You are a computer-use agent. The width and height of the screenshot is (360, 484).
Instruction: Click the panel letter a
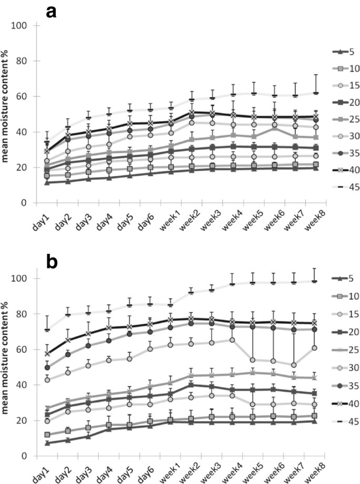point(52,12)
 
